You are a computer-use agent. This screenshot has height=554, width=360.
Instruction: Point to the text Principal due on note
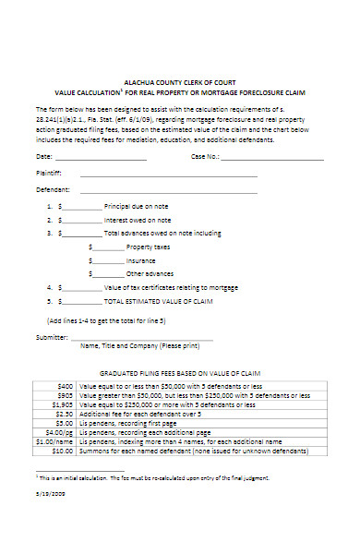click(x=138, y=208)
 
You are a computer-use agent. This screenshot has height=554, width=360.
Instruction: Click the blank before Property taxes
click(x=106, y=247)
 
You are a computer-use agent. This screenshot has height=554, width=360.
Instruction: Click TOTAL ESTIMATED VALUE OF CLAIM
click(x=158, y=301)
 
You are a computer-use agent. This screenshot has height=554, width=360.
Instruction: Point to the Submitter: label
click(x=51, y=337)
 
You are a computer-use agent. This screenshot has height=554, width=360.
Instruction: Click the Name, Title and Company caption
click(x=139, y=346)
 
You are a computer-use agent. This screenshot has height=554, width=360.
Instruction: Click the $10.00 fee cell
click(x=63, y=452)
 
